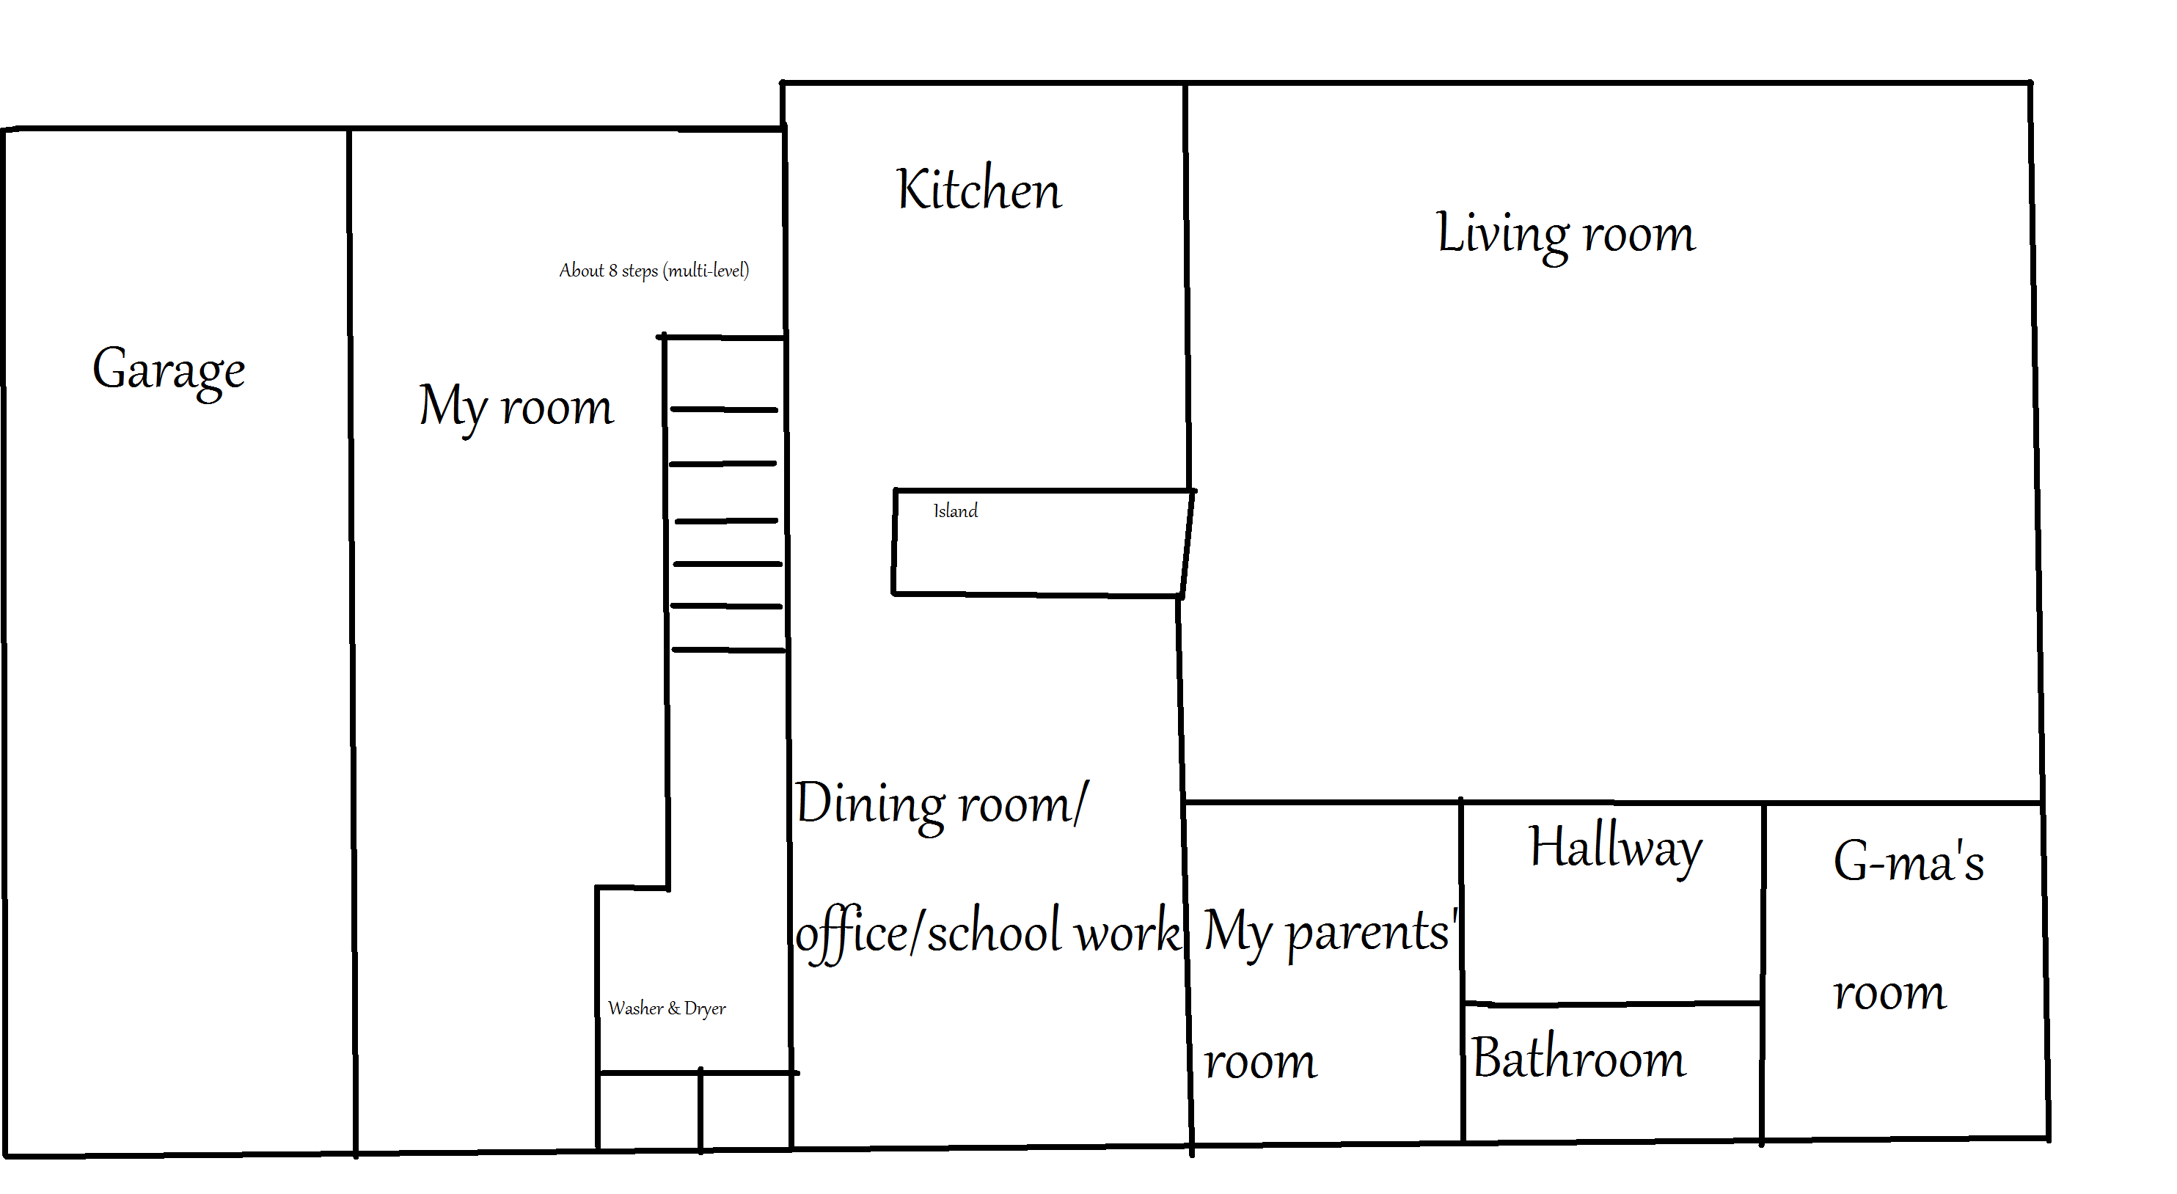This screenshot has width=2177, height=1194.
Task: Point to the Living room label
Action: [x=1566, y=235]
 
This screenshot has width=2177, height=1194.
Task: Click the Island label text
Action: [x=956, y=510]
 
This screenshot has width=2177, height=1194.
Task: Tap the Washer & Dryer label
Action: [x=667, y=1008]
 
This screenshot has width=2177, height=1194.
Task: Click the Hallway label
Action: [x=1616, y=849]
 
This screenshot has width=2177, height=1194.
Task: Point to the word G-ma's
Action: [x=1909, y=861]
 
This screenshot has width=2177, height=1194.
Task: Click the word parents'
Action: [x=1372, y=934]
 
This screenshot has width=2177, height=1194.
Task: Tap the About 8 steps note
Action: [x=654, y=271]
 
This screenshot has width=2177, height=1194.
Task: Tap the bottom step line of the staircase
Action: [x=728, y=650]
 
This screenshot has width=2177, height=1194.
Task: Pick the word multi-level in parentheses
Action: [x=706, y=271]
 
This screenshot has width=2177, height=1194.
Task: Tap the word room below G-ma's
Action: [x=1889, y=995]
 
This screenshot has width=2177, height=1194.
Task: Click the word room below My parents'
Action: [x=1260, y=1063]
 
